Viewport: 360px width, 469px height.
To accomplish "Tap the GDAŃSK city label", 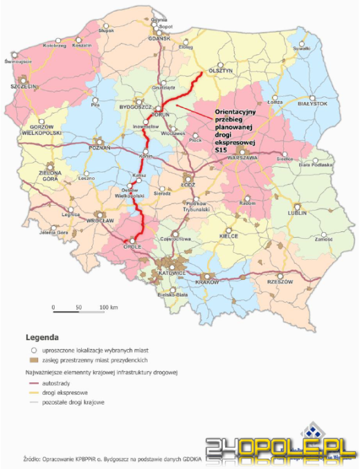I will [159, 38].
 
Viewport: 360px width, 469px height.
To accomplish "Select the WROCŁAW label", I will [100, 220].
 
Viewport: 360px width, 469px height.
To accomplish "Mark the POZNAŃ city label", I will [101, 148].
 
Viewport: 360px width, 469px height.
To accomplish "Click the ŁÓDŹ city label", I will [189, 186].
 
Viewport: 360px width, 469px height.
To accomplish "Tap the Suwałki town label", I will [301, 49].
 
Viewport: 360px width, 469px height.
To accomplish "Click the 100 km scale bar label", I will [109, 306].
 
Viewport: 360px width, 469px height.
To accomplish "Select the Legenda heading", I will [42, 339].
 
